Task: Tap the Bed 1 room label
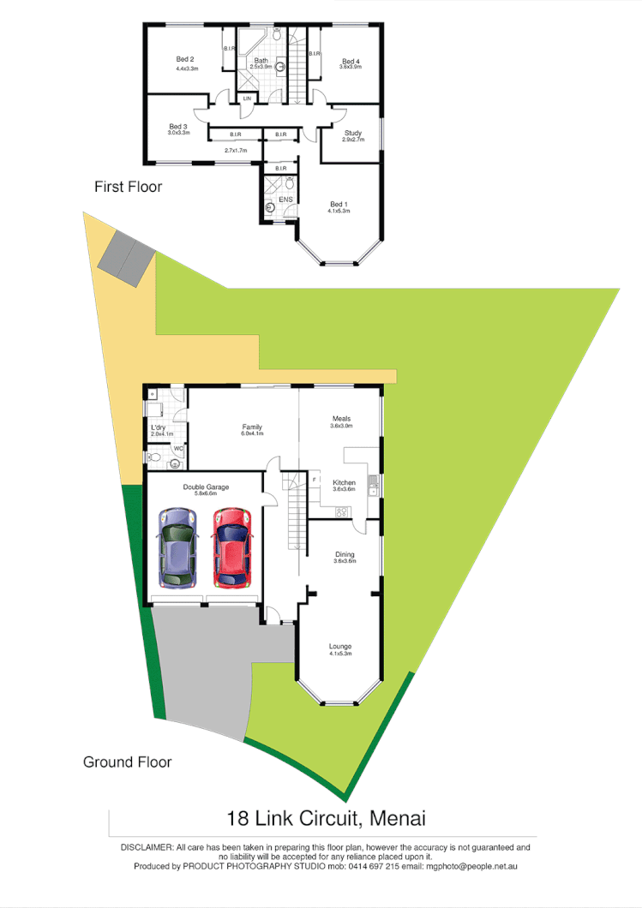pyautogui.click(x=339, y=204)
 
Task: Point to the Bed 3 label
pyautogui.click(x=178, y=127)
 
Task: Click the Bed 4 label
pyautogui.click(x=351, y=62)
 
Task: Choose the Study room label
pyautogui.click(x=353, y=133)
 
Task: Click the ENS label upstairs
pyautogui.click(x=285, y=200)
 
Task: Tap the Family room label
pyautogui.click(x=252, y=427)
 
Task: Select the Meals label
pyautogui.click(x=342, y=419)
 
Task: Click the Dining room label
pyautogui.click(x=344, y=555)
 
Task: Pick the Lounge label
pyautogui.click(x=340, y=647)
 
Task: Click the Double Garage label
pyautogui.click(x=206, y=487)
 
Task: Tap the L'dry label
pyautogui.click(x=159, y=427)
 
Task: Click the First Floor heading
pyautogui.click(x=128, y=186)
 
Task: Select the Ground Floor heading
pyautogui.click(x=127, y=762)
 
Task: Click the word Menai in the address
pyautogui.click(x=399, y=818)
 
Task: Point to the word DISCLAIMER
pyautogui.click(x=147, y=847)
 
